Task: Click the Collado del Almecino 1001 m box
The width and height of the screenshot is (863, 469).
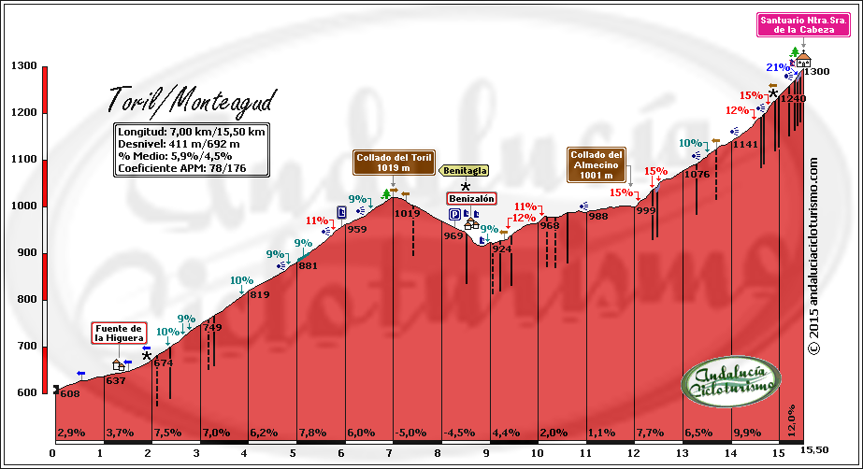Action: pyautogui.click(x=596, y=163)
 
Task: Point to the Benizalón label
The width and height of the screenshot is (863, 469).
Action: pyautogui.click(x=471, y=199)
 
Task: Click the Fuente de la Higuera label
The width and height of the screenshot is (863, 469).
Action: pyautogui.click(x=119, y=334)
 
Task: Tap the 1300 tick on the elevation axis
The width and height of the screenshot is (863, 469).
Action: pyautogui.click(x=24, y=66)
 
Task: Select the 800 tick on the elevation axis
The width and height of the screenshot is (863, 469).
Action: pyautogui.click(x=24, y=300)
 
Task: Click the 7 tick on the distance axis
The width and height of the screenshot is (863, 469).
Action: pyautogui.click(x=390, y=453)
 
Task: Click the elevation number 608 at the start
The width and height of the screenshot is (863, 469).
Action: pyautogui.click(x=69, y=394)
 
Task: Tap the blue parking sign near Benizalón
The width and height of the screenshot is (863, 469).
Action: pyautogui.click(x=454, y=214)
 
